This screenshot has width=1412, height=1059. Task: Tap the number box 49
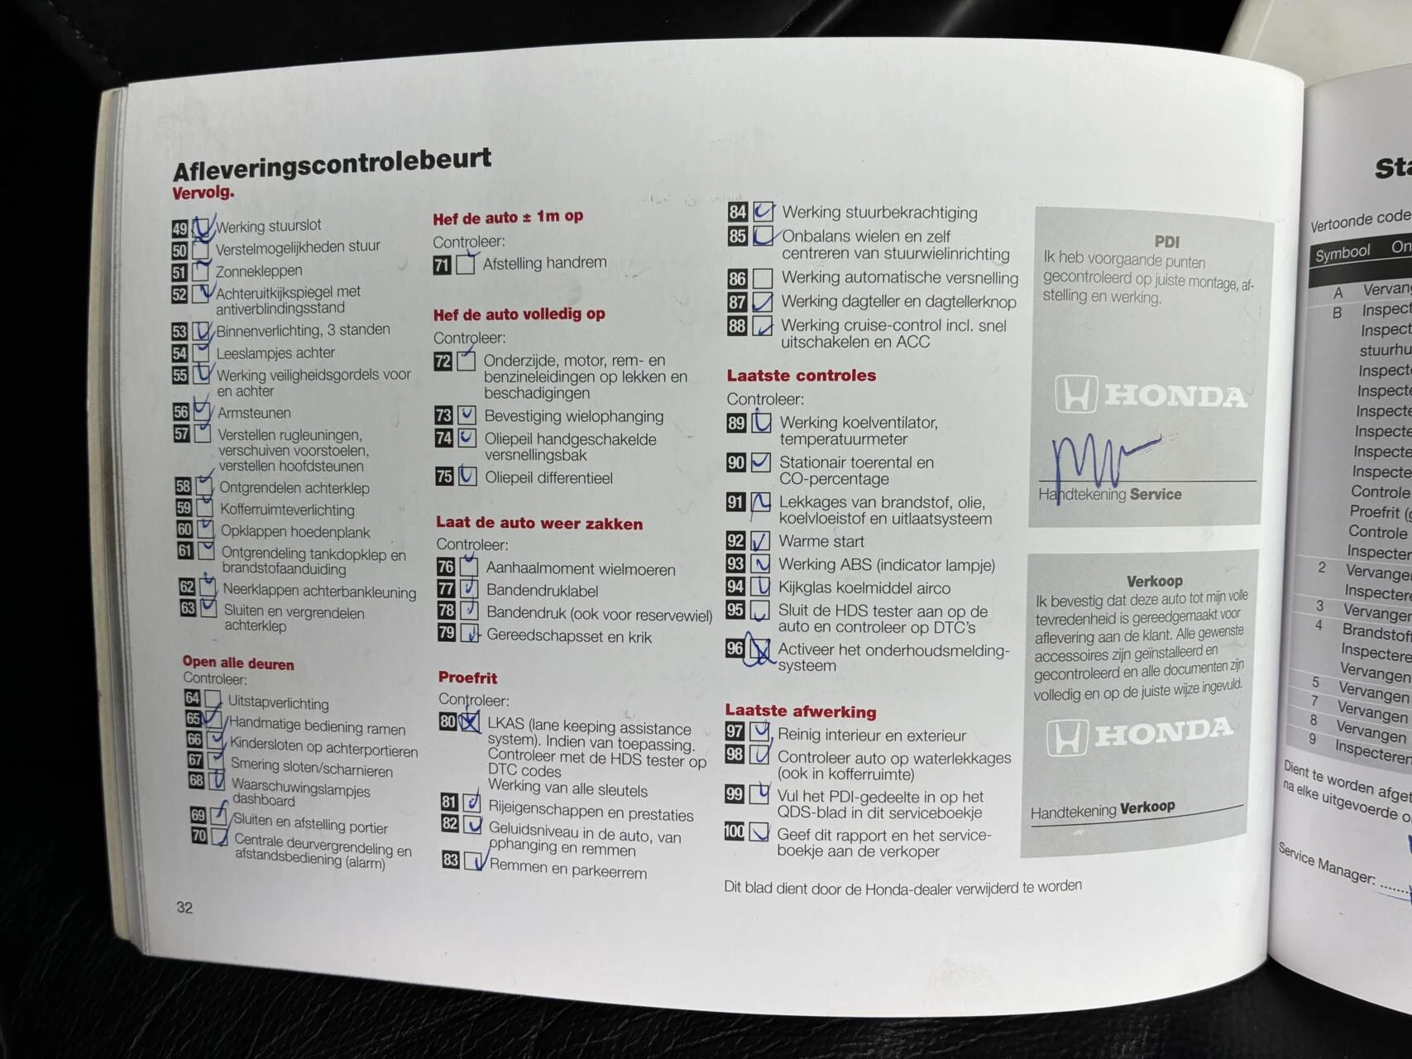click(x=180, y=229)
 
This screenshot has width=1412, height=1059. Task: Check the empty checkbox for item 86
click(x=763, y=278)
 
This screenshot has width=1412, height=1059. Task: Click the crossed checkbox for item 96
click(x=759, y=649)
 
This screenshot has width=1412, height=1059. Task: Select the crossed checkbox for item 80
click(x=470, y=721)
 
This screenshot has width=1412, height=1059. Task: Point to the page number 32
click(x=184, y=907)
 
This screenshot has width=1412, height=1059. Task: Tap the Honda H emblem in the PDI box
click(x=1076, y=395)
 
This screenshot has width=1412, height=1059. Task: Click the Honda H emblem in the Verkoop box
click(x=1068, y=736)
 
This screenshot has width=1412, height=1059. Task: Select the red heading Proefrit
click(x=467, y=678)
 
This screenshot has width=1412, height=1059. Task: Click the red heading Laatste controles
click(x=801, y=376)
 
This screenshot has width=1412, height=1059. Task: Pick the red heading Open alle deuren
click(x=238, y=664)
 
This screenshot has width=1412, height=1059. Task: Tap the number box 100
click(x=734, y=831)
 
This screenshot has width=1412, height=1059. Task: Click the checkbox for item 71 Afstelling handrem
click(x=467, y=265)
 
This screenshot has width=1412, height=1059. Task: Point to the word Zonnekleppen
click(x=259, y=271)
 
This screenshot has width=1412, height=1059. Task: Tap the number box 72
click(x=443, y=362)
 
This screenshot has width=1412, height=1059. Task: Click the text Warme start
click(x=821, y=542)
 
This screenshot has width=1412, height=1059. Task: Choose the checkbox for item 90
click(x=760, y=463)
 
